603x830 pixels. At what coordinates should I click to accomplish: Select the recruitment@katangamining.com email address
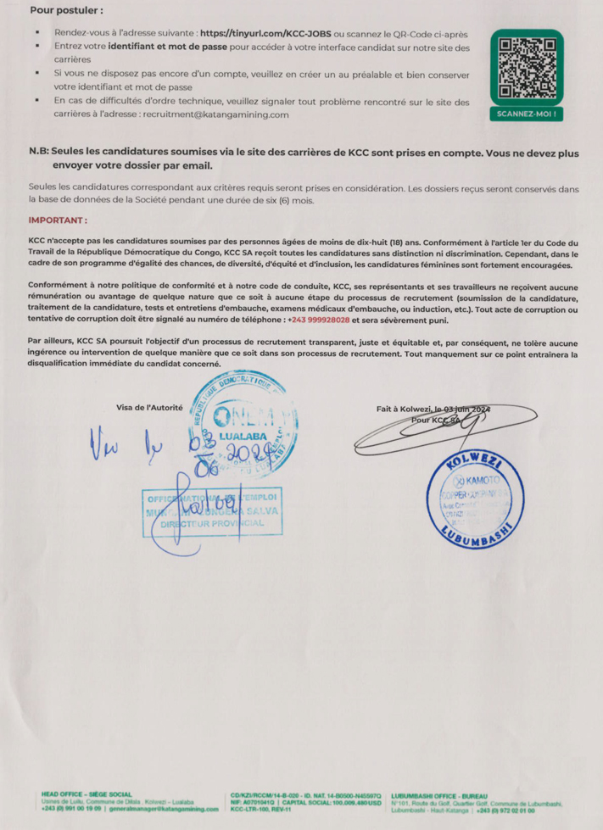215,114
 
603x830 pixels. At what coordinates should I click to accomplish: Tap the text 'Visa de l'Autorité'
149,408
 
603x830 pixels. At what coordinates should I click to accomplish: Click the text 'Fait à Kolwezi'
405,409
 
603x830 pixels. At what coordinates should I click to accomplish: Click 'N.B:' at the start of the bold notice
38,151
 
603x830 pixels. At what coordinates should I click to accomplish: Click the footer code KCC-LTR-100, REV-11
262,810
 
